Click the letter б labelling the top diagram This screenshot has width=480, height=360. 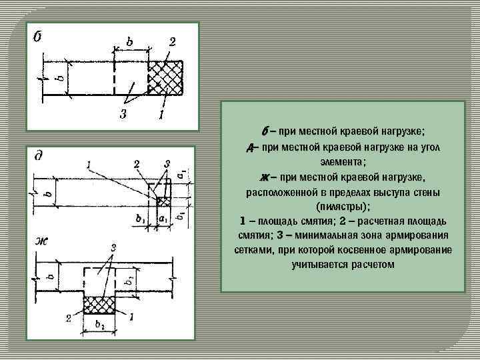[x=38, y=35]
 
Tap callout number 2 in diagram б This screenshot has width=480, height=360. [x=171, y=42]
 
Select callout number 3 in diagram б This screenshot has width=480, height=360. [x=123, y=114]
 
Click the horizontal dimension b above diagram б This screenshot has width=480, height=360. [x=129, y=41]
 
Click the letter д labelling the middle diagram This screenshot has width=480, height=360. [x=39, y=156]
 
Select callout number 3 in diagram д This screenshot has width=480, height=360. [x=167, y=163]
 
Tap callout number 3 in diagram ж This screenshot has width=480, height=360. [x=113, y=248]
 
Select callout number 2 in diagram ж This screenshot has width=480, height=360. [x=69, y=318]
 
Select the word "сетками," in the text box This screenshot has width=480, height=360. [x=251, y=250]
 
